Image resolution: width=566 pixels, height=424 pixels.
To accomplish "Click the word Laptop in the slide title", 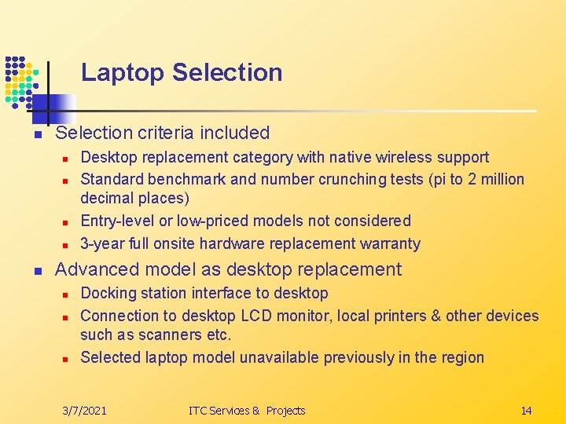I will point(123,73).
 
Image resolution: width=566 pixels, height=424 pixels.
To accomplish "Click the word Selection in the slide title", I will point(227,73).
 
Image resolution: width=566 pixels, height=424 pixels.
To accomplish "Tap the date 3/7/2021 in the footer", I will point(85,411).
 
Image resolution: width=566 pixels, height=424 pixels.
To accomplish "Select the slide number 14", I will point(526,411).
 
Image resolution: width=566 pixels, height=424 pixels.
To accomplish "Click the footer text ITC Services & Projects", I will point(247,411).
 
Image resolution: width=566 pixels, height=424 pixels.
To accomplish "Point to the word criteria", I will point(166,133).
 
